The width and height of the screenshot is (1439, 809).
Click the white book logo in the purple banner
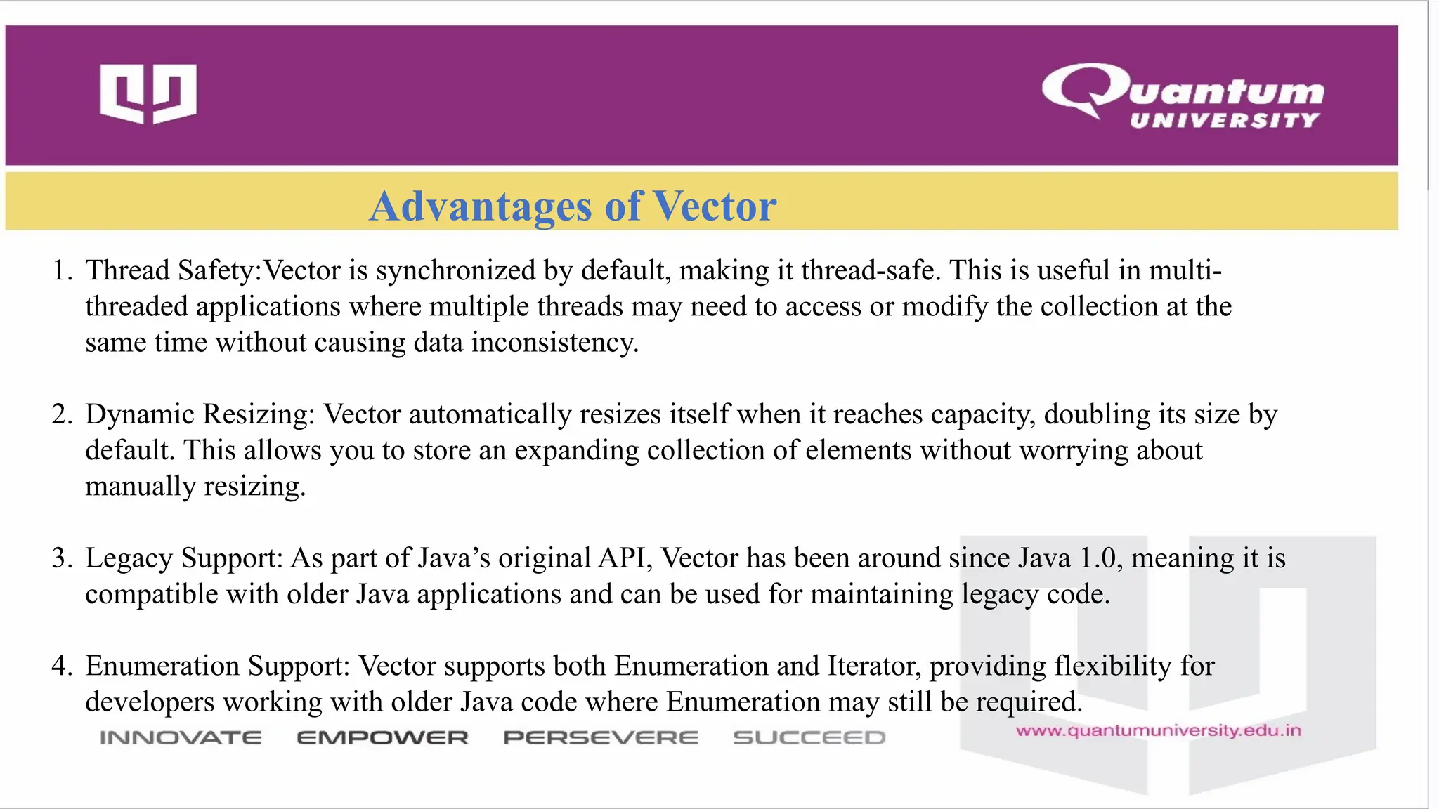point(148,93)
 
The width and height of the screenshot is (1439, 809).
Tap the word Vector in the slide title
point(715,206)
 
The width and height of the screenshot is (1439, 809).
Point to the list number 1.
point(62,271)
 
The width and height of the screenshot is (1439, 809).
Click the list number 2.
point(62,414)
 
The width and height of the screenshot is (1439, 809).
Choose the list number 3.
point(62,558)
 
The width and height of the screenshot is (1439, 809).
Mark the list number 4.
point(62,666)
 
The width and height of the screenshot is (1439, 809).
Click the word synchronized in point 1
point(455,271)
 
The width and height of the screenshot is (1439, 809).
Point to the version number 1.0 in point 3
point(1098,558)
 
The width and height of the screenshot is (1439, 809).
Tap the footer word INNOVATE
point(181,738)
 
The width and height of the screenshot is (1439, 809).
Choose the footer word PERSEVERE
point(601,738)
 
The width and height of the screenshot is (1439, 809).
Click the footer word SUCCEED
point(809,738)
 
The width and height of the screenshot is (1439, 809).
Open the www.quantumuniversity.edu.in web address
point(1158,731)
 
